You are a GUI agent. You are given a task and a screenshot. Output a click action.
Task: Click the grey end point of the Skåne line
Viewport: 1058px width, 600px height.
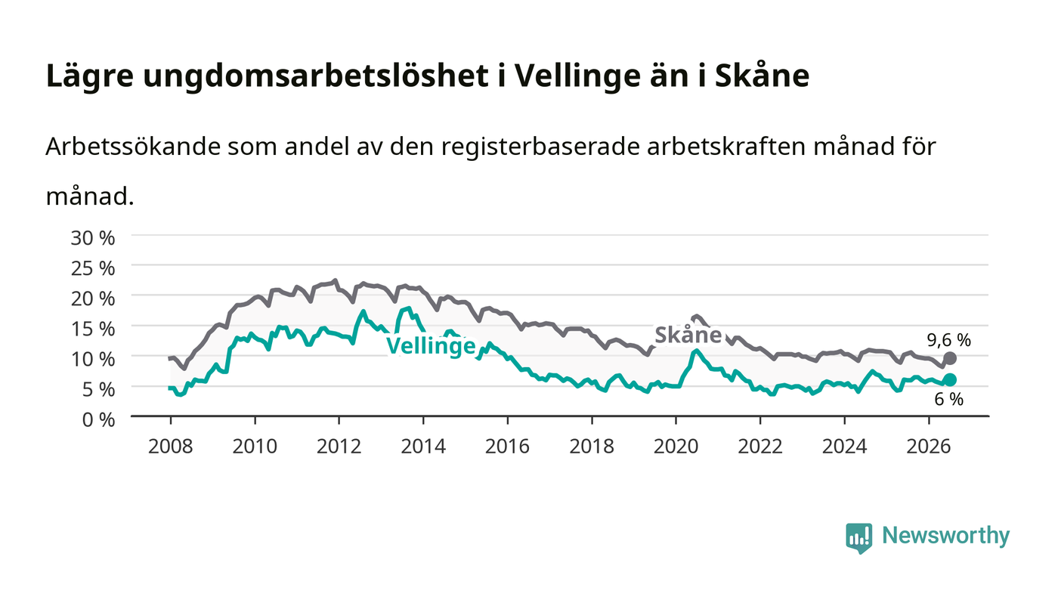point(950,359)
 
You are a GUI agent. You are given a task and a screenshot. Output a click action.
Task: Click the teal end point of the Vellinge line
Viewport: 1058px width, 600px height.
point(950,380)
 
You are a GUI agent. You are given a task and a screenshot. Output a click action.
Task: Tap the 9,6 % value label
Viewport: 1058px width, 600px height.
point(948,340)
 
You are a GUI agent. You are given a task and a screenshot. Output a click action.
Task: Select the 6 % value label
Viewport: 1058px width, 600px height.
point(948,400)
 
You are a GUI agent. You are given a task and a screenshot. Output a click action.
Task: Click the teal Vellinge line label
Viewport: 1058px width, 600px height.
point(431,346)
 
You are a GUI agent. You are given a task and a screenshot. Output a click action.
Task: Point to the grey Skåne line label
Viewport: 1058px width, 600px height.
point(688,335)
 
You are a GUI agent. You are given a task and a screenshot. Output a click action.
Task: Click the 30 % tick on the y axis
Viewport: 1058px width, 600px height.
point(92,238)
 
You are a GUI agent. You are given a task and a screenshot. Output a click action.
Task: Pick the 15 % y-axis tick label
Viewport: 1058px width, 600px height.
point(92,329)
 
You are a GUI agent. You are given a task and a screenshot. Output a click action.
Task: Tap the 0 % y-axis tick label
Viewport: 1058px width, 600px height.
point(98,419)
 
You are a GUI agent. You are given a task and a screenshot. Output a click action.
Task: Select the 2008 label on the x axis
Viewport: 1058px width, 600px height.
point(171,447)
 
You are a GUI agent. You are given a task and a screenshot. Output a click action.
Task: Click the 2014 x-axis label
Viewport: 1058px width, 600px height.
point(423,447)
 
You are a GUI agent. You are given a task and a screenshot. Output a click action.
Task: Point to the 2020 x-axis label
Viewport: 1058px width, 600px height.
point(676,447)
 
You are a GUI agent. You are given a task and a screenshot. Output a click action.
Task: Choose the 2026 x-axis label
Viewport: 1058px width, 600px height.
point(929,447)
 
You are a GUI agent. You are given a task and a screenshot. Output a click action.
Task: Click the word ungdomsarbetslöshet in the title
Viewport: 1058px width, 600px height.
point(316,76)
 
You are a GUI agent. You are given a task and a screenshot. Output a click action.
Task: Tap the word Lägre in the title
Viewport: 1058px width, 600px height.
point(90,76)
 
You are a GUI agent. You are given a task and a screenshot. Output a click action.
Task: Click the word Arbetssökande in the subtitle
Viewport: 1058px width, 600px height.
point(133,147)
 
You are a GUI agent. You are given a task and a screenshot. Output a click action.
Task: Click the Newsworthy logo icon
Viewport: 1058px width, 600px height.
point(859,538)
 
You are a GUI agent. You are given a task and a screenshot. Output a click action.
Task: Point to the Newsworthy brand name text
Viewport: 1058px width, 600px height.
point(946,536)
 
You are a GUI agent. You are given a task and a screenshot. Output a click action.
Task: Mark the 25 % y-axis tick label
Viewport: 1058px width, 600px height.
point(92,268)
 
